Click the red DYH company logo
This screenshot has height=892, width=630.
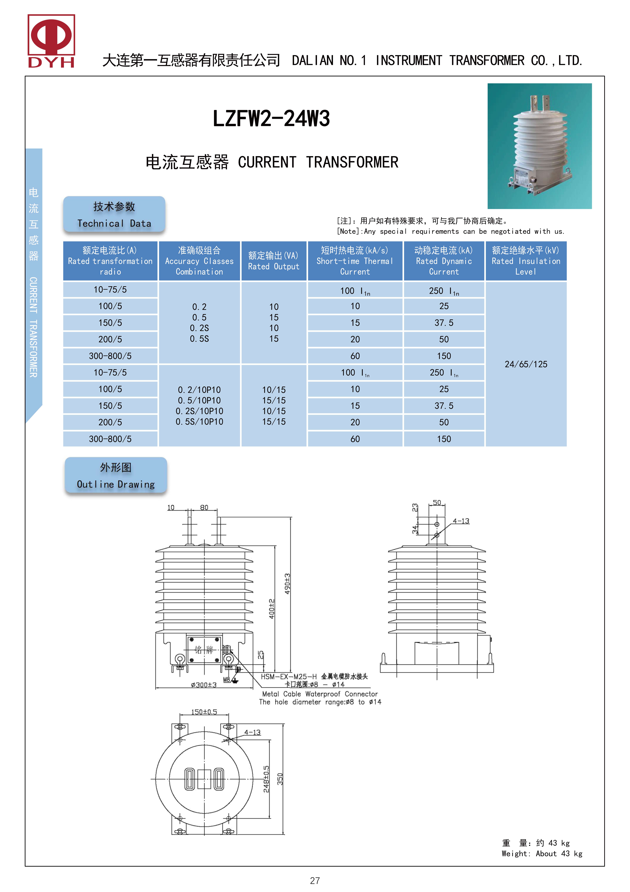point(51,41)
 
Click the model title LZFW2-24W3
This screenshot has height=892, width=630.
point(271,118)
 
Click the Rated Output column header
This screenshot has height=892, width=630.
point(274,261)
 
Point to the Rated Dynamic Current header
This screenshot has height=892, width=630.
point(444,261)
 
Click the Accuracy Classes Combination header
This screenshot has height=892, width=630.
point(199,261)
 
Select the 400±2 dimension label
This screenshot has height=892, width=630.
point(272,609)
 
